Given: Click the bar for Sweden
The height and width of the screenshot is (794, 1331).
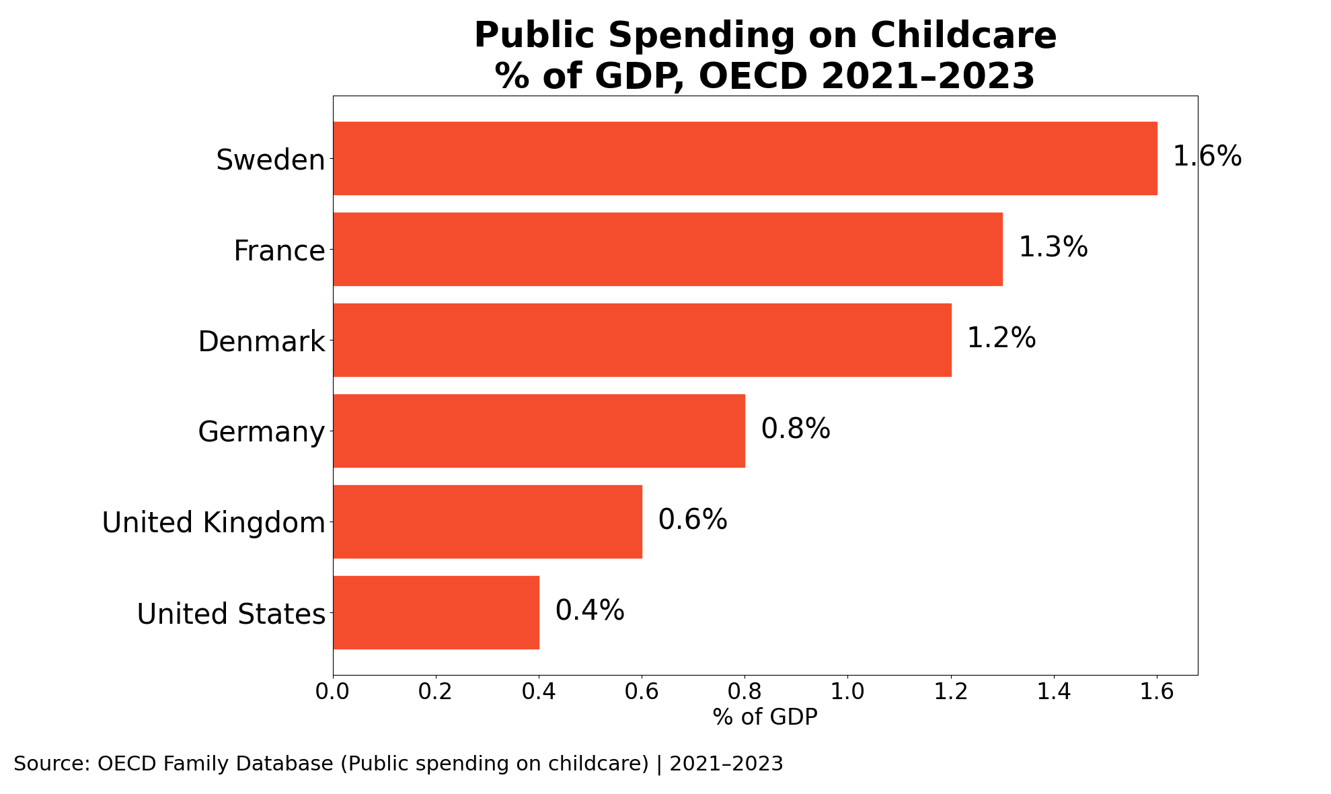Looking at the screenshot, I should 745,159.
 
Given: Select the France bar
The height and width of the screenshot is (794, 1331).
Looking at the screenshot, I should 668,250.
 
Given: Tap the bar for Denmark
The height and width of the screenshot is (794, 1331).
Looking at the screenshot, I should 642,340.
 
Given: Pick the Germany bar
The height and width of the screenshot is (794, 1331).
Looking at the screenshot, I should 539,431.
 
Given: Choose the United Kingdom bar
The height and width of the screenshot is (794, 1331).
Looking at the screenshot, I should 488,522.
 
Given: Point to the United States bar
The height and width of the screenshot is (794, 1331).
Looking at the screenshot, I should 436,613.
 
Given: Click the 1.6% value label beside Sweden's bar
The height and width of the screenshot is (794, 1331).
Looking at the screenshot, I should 1207,157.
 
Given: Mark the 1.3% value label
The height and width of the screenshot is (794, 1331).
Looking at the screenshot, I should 1053,248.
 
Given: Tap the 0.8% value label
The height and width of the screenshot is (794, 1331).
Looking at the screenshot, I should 796,429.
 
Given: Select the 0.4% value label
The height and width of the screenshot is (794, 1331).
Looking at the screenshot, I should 590,611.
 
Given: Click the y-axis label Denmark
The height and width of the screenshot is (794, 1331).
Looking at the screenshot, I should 262,342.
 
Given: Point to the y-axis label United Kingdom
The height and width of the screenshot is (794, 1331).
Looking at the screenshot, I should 214,524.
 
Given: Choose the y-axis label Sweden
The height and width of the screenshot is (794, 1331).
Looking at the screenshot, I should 270,161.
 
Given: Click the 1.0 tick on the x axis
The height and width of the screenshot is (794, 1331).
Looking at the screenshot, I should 847,692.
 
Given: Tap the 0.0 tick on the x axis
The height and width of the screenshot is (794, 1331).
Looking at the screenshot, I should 333,692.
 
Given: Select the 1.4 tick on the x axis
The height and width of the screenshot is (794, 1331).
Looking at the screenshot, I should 1054,692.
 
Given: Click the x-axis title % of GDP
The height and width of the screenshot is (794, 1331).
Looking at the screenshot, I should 765,717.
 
